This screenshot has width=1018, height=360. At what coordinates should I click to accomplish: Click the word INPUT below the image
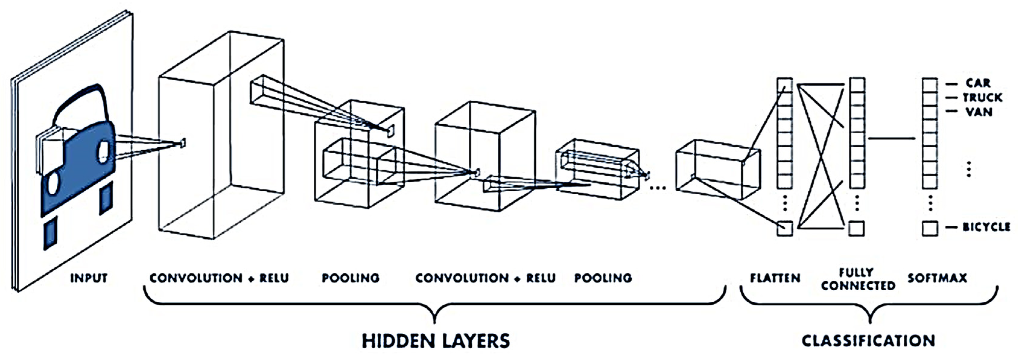88,278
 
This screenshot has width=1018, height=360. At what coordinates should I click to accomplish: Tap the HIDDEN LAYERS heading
436,341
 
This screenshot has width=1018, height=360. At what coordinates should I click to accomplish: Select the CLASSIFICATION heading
868,341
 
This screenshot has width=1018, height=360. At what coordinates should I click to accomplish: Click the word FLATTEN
775,278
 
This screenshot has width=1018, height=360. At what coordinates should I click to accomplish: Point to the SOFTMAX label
937,278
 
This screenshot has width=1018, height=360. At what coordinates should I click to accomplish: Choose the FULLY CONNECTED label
858,279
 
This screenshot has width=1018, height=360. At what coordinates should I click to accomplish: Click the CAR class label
978,83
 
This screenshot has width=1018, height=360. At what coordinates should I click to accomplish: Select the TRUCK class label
982,97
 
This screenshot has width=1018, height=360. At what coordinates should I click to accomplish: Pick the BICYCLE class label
986,227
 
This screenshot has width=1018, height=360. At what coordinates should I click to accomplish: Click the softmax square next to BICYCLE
930,228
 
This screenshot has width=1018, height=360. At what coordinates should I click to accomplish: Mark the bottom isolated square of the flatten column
785,228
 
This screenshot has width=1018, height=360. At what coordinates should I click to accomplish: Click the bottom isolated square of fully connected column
856,228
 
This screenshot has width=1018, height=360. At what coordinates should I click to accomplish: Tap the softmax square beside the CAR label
930,84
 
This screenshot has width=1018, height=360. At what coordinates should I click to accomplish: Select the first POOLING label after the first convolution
350,278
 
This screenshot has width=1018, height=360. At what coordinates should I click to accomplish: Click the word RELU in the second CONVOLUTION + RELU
541,278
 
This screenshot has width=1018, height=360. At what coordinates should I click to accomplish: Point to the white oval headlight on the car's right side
103,152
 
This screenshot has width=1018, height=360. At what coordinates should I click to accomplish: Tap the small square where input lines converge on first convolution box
182,143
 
